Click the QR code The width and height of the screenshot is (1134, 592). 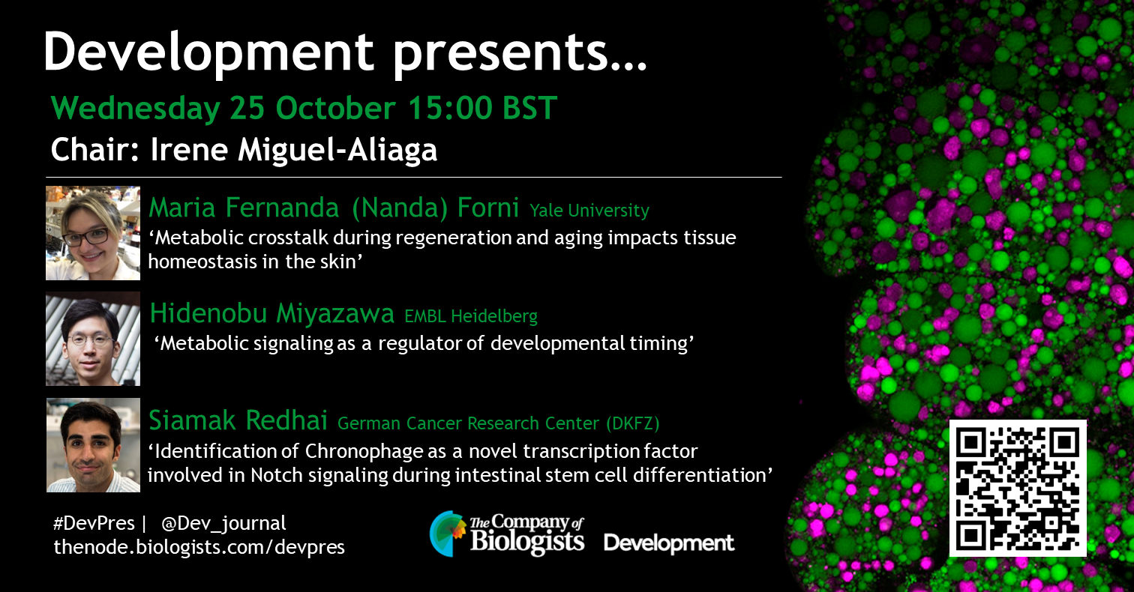pyautogui.click(x=1018, y=488)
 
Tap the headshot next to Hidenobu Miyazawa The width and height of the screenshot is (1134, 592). pyautogui.click(x=93, y=339)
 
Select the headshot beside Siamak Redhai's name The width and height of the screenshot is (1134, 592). pyautogui.click(x=93, y=445)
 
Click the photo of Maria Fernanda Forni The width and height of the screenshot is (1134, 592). pyautogui.click(x=93, y=233)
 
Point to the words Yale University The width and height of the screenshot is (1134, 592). pyautogui.click(x=589, y=211)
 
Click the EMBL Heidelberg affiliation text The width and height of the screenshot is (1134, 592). pyautogui.click(x=471, y=316)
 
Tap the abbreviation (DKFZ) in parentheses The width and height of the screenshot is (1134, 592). pyautogui.click(x=633, y=423)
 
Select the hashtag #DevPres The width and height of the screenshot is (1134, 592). pyautogui.click(x=94, y=522)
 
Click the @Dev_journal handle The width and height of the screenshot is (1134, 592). pyautogui.click(x=223, y=523)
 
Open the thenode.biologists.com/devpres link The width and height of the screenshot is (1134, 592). pyautogui.click(x=199, y=547)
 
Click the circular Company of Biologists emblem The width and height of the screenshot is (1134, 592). pyautogui.click(x=448, y=534)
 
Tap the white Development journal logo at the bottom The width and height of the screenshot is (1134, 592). pyautogui.click(x=669, y=543)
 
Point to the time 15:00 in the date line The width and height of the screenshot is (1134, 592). pyautogui.click(x=450, y=108)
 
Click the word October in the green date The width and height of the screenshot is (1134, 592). pyautogui.click(x=335, y=108)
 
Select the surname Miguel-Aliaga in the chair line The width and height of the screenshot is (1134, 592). pyautogui.click(x=337, y=151)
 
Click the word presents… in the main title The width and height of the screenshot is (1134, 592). pyautogui.click(x=520, y=55)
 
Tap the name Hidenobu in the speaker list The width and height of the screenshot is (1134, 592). pyautogui.click(x=208, y=312)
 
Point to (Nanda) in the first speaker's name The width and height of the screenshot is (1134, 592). pyautogui.click(x=400, y=208)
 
